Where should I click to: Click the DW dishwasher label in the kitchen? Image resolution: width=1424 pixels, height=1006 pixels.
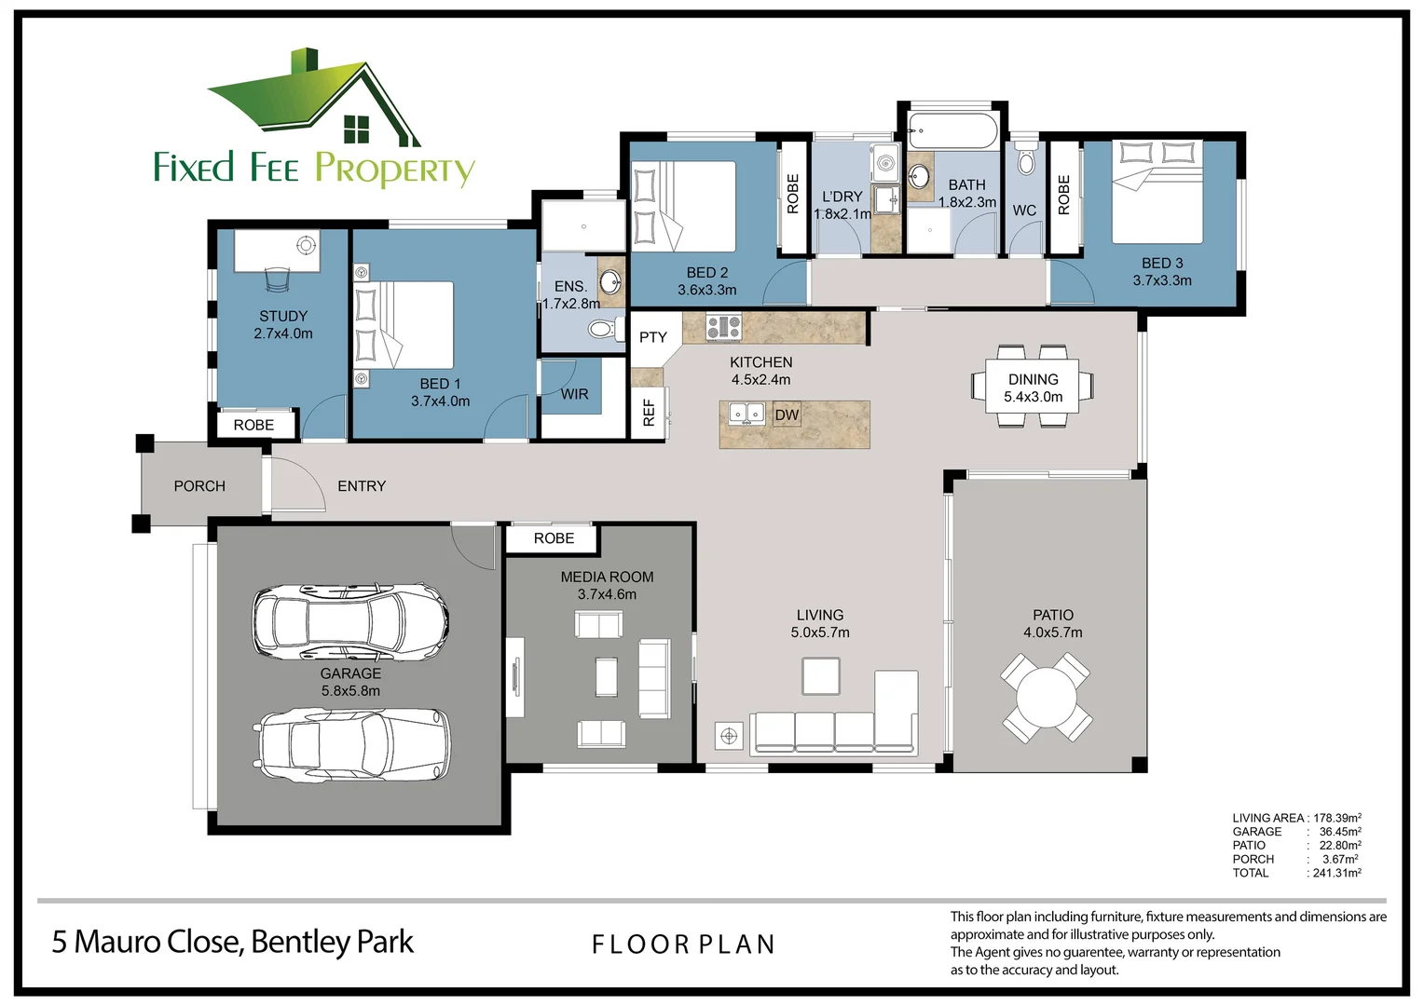point(787,415)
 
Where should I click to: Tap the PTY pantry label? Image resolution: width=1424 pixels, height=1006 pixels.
point(652,337)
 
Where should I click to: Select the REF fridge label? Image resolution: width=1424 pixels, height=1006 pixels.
point(650,412)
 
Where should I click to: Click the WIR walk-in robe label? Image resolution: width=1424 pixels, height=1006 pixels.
point(574,394)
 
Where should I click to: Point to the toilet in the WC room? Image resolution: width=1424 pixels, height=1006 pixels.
point(1025,162)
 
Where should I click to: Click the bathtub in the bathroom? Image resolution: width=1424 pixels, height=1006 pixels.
point(952,131)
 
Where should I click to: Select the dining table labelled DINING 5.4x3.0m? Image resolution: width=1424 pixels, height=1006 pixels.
point(1033,387)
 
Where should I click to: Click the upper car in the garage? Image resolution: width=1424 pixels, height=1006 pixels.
point(350,621)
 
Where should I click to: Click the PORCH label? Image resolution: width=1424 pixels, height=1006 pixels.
point(199,486)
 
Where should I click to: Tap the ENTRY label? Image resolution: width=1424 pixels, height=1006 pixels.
point(362,486)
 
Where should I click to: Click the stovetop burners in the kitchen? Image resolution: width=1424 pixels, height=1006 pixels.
point(723,327)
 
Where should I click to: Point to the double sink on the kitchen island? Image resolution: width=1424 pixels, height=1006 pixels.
point(746,413)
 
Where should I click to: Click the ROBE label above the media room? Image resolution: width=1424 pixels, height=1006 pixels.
point(554,538)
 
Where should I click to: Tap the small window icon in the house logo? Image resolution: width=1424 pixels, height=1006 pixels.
point(356,129)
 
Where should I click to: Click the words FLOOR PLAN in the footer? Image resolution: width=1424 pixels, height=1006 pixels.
point(683,945)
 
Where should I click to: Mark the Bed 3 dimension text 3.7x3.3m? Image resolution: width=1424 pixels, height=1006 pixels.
point(1161,280)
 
